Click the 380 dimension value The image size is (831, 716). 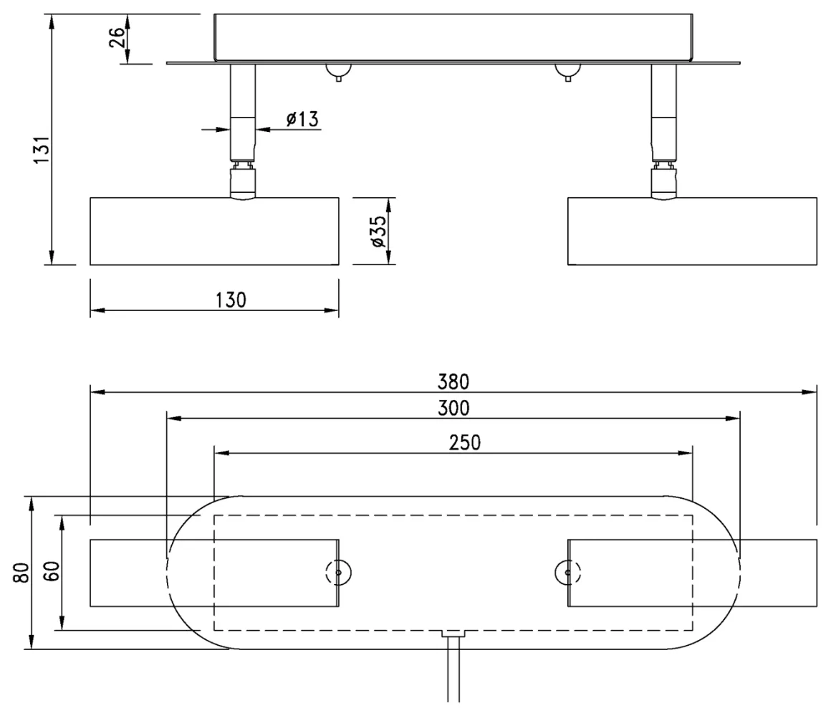[x=453, y=381]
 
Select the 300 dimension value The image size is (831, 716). [x=453, y=408]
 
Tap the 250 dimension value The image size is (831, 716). [x=465, y=442]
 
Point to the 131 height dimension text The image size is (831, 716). [x=42, y=150]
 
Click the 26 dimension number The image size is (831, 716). [x=117, y=37]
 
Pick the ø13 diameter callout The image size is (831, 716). [x=302, y=119]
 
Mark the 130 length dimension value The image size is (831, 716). [x=231, y=300]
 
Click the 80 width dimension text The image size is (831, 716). [x=21, y=573]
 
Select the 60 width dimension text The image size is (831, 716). [x=52, y=571]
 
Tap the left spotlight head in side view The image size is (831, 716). [x=215, y=231]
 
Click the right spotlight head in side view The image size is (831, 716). [x=692, y=231]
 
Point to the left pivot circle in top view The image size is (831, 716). [x=339, y=573]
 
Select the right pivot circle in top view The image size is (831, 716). [x=568, y=573]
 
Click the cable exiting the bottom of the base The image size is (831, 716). [x=453, y=669]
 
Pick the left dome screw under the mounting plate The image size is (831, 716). [x=339, y=72]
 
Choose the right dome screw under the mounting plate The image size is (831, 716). [x=568, y=72]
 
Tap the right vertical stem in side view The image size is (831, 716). [x=664, y=113]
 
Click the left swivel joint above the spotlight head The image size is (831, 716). [x=243, y=181]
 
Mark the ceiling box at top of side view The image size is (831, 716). [x=453, y=37]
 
